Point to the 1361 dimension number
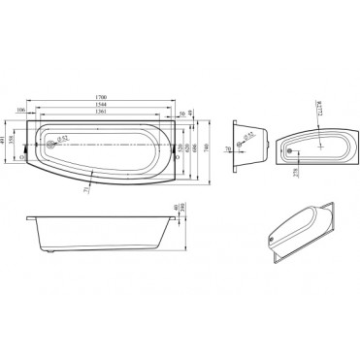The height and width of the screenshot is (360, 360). (115, 112)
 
